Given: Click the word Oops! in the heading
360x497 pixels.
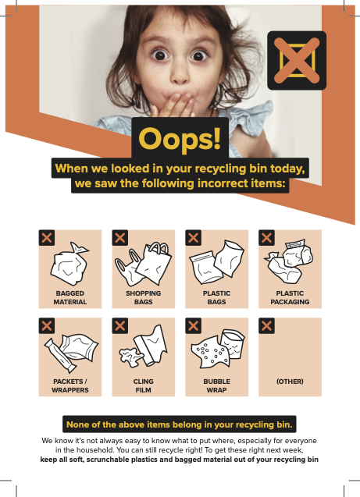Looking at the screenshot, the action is [180, 139].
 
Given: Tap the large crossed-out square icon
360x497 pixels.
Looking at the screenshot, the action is [297, 61].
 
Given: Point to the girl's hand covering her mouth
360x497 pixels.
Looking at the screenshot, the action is [173, 105].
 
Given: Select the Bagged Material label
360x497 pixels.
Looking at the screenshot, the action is [70, 297].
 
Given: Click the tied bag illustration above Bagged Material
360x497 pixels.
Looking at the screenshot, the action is [70, 264].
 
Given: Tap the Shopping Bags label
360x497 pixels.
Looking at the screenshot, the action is [144, 297].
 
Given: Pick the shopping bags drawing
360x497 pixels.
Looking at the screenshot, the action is [143, 264].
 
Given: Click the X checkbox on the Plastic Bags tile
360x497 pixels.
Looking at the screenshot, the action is [194, 238].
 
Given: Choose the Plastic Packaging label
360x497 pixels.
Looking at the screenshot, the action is [290, 297].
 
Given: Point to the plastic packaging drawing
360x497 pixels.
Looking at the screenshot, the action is [288, 261].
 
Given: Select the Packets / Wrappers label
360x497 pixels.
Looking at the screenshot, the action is [70, 385].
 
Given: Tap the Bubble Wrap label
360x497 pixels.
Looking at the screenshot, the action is [216, 385].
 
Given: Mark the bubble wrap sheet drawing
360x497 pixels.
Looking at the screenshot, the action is [210, 353].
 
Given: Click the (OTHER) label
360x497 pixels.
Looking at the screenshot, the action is [290, 382].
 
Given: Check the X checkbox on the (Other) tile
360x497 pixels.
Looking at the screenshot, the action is [267, 326].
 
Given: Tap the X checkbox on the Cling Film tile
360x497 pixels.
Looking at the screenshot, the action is [120, 326].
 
